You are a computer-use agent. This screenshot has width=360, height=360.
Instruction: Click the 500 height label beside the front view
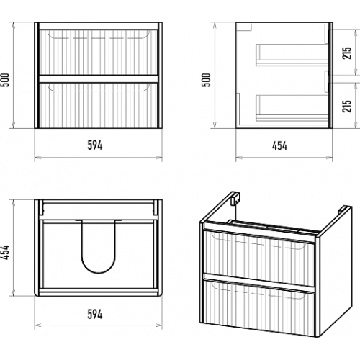coord(5,80)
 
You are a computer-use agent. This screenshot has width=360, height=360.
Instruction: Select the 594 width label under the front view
coord(95,145)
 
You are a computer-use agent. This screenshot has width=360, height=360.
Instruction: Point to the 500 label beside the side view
coord(206,80)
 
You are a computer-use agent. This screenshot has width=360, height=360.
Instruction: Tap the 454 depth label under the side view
coord(279,145)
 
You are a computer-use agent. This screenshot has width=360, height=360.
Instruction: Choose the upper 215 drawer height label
coord(347,53)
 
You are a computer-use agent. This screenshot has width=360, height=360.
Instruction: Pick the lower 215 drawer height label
coord(347,106)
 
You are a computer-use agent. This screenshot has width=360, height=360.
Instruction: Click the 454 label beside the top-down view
coord(5,252)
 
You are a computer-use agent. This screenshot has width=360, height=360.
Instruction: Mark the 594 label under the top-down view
coord(95,315)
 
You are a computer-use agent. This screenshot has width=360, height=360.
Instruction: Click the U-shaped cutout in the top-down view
coord(99,272)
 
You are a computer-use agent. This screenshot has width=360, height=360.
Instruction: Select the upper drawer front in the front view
coord(98,52)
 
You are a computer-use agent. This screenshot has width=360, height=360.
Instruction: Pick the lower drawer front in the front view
coord(98,105)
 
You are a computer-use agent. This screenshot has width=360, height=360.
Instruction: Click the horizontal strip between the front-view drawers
coord(98,79)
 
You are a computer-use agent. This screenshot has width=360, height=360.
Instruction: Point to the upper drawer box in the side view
coord(292,55)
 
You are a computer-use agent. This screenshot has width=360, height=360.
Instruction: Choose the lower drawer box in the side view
coord(292,108)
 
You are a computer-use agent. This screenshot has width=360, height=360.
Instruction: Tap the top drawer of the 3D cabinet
coord(258,258)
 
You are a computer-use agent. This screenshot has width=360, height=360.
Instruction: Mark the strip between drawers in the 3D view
coord(258,283)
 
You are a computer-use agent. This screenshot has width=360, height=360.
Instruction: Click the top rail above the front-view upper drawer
coord(98,26)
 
